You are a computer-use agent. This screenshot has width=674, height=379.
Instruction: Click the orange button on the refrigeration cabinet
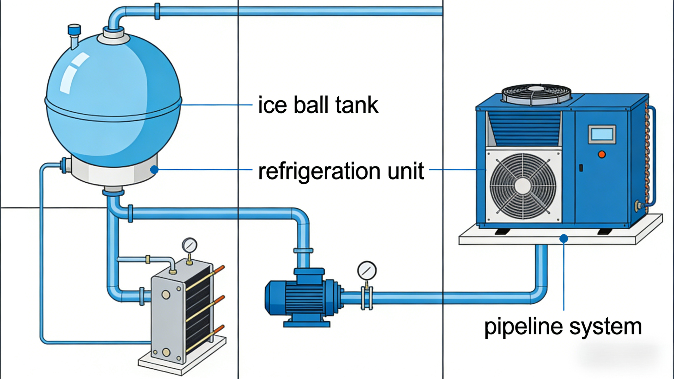(x=602, y=154)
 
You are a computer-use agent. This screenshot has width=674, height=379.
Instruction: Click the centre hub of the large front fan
(x=523, y=186)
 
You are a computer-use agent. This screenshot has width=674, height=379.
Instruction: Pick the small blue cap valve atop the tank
(x=74, y=29)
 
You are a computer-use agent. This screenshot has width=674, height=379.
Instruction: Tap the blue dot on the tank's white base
(x=154, y=170)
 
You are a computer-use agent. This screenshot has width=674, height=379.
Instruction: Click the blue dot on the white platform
(x=564, y=239)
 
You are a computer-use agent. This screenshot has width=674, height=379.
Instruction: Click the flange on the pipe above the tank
(x=157, y=11)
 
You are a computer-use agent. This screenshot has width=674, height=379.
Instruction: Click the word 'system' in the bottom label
(x=605, y=327)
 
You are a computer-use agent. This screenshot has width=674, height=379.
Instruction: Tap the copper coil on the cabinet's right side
(x=647, y=157)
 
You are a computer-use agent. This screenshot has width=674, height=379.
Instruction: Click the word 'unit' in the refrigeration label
(x=406, y=171)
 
